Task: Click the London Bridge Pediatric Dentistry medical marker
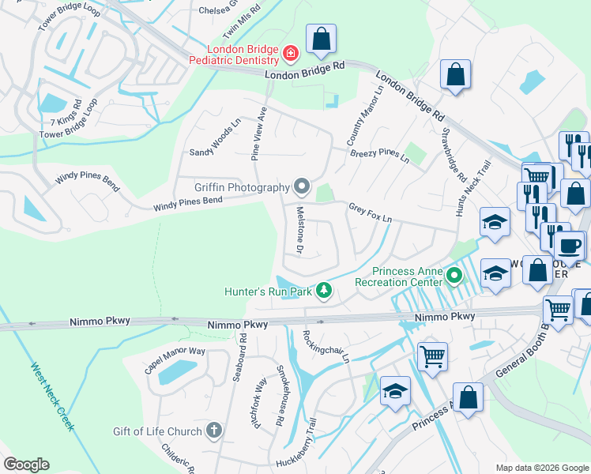(x=291, y=54)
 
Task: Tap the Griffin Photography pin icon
(x=301, y=187)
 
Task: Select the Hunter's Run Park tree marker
(x=323, y=292)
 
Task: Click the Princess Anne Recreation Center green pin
(x=454, y=276)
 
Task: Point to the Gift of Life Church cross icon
(x=213, y=431)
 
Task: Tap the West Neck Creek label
(x=53, y=397)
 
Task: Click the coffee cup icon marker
(x=570, y=246)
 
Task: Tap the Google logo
(x=26, y=465)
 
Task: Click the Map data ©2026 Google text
(x=541, y=468)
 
